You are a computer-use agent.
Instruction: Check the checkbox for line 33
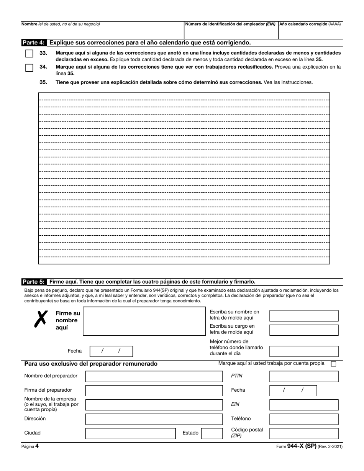coord(29,54)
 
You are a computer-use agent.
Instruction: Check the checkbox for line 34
coord(29,68)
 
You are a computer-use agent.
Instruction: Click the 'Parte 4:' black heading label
coord(34,43)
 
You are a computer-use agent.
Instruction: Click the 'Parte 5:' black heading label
coord(34,282)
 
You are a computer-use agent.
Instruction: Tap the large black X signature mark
coord(41,319)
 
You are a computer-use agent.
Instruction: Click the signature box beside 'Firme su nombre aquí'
coord(144,322)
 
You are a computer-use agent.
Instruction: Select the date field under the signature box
coord(111,351)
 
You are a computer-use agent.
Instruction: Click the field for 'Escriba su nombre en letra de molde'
coord(304,316)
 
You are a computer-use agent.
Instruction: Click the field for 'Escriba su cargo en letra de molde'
coord(304,330)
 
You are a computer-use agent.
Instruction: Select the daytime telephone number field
coord(304,351)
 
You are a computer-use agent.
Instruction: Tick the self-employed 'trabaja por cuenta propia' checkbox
coord(333,364)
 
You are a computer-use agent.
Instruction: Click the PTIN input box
coord(304,376)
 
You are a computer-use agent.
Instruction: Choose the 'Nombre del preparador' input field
coord(154,376)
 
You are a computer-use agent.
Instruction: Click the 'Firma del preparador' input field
coord(154,391)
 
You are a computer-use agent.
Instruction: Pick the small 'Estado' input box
coord(212,433)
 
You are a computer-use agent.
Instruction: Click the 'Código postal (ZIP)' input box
coord(304,433)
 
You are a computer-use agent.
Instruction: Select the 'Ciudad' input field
coord(130,433)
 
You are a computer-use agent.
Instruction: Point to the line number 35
coord(43,82)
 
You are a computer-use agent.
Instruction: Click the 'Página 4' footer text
coord(30,446)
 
